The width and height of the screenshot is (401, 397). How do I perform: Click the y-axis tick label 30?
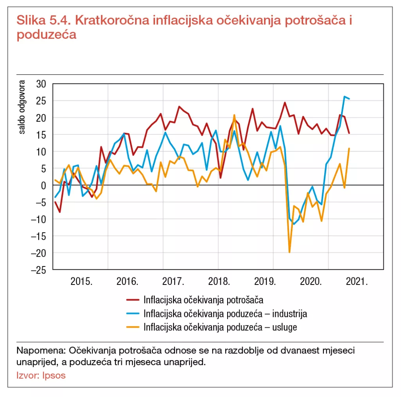click(40, 84)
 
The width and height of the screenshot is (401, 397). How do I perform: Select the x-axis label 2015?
click(81, 282)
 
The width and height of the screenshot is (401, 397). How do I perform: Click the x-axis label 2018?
click(219, 282)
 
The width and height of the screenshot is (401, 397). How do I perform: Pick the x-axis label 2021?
click(357, 282)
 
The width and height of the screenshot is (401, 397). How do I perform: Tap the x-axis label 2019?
click(266, 282)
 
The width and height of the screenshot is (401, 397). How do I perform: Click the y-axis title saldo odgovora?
click(22, 107)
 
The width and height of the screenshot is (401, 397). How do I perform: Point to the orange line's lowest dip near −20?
click(289, 252)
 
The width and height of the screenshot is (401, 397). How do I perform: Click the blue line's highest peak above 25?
click(344, 96)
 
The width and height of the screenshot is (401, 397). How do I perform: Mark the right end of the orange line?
click(349, 149)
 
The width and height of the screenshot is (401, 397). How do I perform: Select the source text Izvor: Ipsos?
click(41, 375)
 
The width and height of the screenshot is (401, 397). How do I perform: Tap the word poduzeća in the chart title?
click(46, 34)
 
